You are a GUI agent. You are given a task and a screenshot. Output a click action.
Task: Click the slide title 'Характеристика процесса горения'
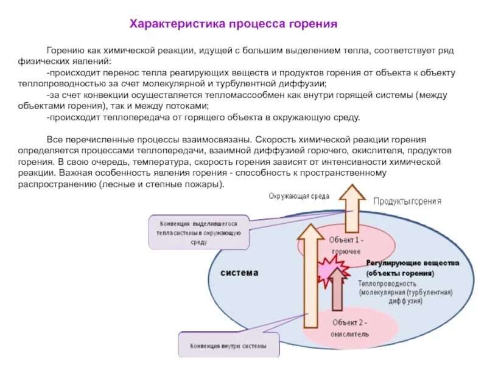point(233,24)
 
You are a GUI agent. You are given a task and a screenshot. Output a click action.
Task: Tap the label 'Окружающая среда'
point(299,196)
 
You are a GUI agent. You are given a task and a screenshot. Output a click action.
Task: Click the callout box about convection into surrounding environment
point(198,232)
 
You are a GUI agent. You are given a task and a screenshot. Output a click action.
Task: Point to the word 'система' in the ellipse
point(239,273)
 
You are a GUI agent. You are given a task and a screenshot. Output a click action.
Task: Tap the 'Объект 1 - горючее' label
point(345,245)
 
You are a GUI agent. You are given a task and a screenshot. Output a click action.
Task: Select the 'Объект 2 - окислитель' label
point(350,328)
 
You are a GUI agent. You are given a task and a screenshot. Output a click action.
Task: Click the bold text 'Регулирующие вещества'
point(412,263)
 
